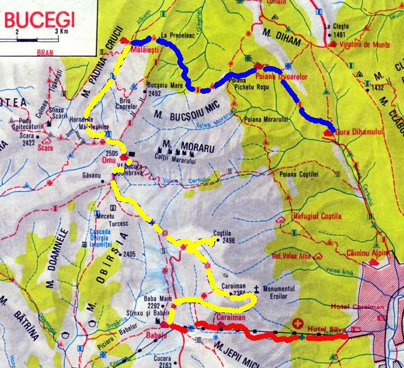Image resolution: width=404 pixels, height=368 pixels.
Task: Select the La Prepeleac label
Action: point(178,35)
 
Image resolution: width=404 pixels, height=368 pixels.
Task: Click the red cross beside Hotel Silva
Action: point(299,324)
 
